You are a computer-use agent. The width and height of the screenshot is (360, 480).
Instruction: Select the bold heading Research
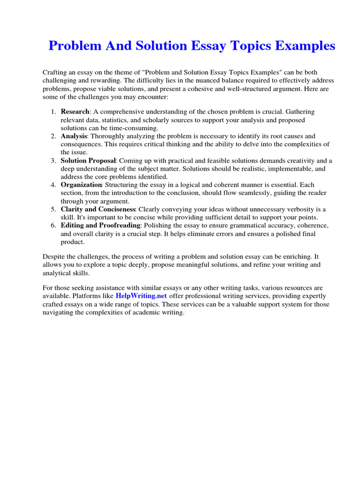point(75,112)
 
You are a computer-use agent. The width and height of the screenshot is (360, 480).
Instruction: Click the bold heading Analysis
point(74,136)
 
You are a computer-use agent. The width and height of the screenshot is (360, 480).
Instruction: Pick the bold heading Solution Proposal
point(88,160)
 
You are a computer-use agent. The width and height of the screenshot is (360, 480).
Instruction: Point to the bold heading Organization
point(81,185)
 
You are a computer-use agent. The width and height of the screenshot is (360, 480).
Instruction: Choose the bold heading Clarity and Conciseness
point(98,209)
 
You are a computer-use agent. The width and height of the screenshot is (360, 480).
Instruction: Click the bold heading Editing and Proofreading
point(100,225)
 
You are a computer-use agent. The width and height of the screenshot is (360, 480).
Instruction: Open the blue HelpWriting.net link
point(141,296)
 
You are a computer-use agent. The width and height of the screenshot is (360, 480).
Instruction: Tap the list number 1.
point(52,112)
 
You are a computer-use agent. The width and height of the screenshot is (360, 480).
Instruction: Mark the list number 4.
point(52,185)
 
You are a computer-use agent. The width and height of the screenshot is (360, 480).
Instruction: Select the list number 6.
point(52,225)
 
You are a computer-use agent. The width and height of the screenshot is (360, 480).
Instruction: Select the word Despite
point(54,257)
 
